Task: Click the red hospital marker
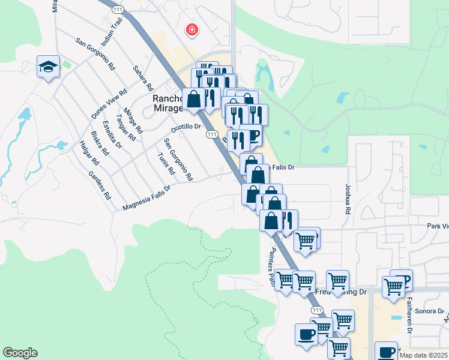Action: point(192,29)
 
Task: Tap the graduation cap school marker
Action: point(47,66)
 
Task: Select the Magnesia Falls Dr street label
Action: point(146,197)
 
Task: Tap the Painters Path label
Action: point(271,267)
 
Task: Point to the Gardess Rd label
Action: point(100,185)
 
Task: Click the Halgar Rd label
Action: point(88,153)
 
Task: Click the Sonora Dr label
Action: point(432,312)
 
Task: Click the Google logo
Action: point(20,353)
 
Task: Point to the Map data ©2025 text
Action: point(423,355)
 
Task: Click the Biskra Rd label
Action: point(98,143)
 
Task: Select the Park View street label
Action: point(437,226)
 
